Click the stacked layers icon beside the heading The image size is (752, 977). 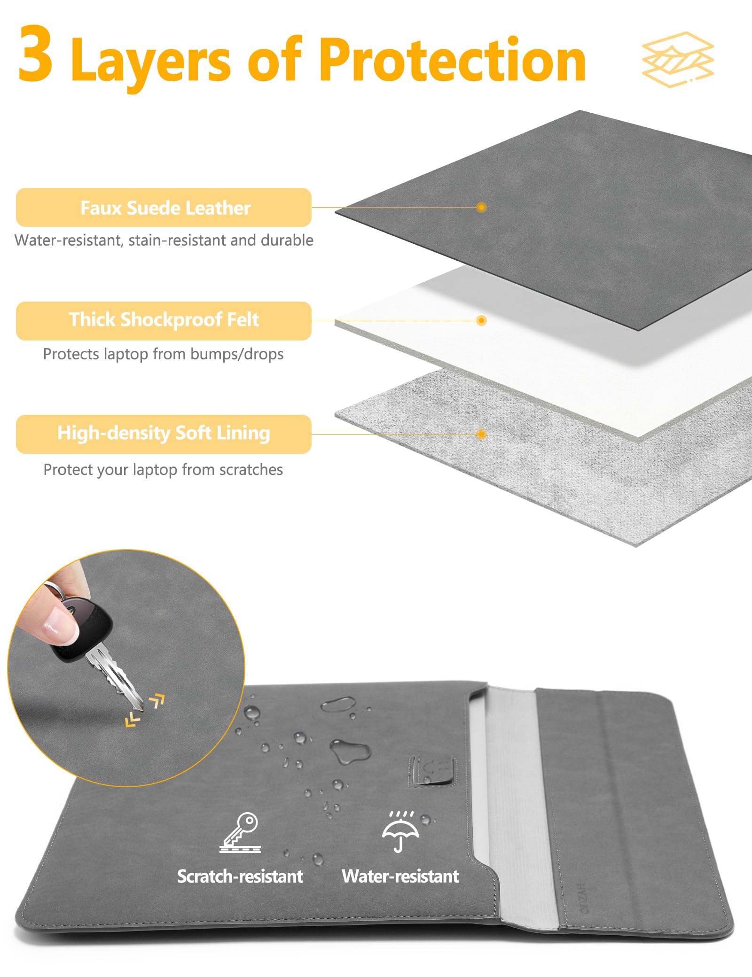[678, 59]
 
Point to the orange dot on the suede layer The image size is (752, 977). [481, 207]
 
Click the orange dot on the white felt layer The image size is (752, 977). [481, 321]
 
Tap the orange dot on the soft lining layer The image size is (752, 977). [481, 434]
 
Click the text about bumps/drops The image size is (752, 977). [163, 354]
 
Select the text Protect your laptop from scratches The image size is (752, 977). [163, 470]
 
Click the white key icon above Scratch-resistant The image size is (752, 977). [240, 832]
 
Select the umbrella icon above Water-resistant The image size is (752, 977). [400, 831]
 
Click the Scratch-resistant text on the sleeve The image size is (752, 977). [240, 876]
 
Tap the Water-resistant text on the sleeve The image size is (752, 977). [400, 876]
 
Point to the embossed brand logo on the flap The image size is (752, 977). [583, 898]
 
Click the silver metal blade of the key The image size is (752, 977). [115, 676]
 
